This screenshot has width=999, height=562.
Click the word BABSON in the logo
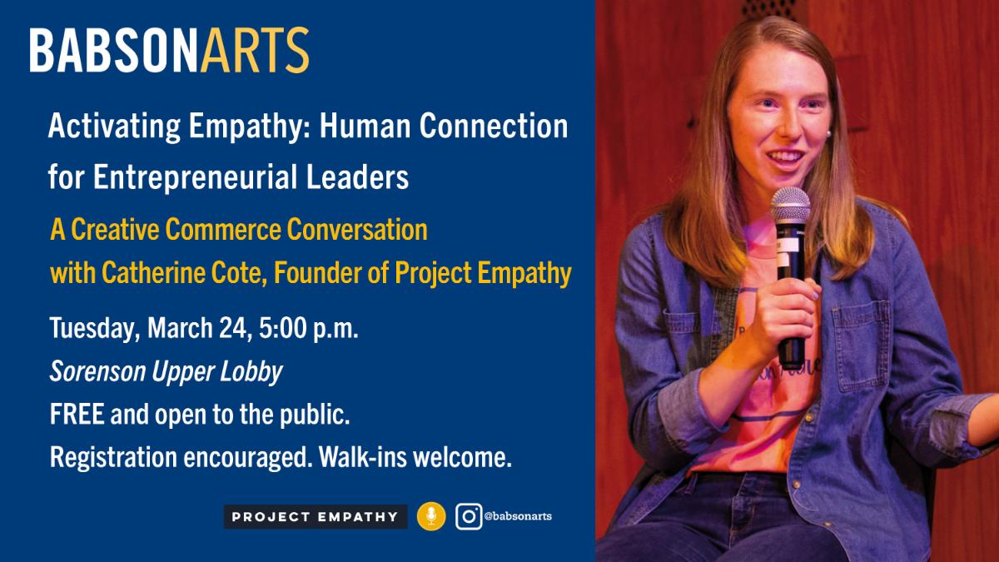(114, 51)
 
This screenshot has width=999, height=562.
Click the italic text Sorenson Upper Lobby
(166, 372)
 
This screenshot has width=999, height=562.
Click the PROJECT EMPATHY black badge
(315, 517)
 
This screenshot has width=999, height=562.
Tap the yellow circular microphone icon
(431, 517)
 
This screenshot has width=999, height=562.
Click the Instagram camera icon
(470, 517)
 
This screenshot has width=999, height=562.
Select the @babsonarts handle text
(518, 517)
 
